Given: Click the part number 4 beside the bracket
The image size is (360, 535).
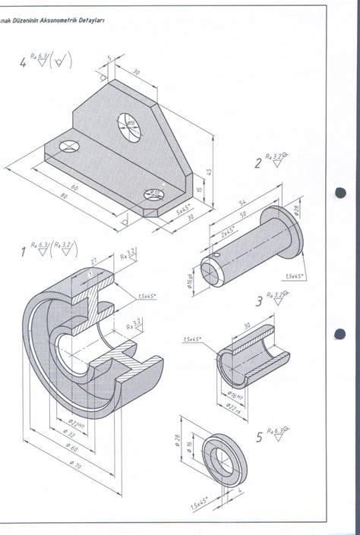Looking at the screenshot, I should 23,63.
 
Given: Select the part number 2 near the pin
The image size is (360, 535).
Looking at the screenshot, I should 258,162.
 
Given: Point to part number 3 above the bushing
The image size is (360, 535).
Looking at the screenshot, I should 259,302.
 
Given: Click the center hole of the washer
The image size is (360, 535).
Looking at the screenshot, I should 223,456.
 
